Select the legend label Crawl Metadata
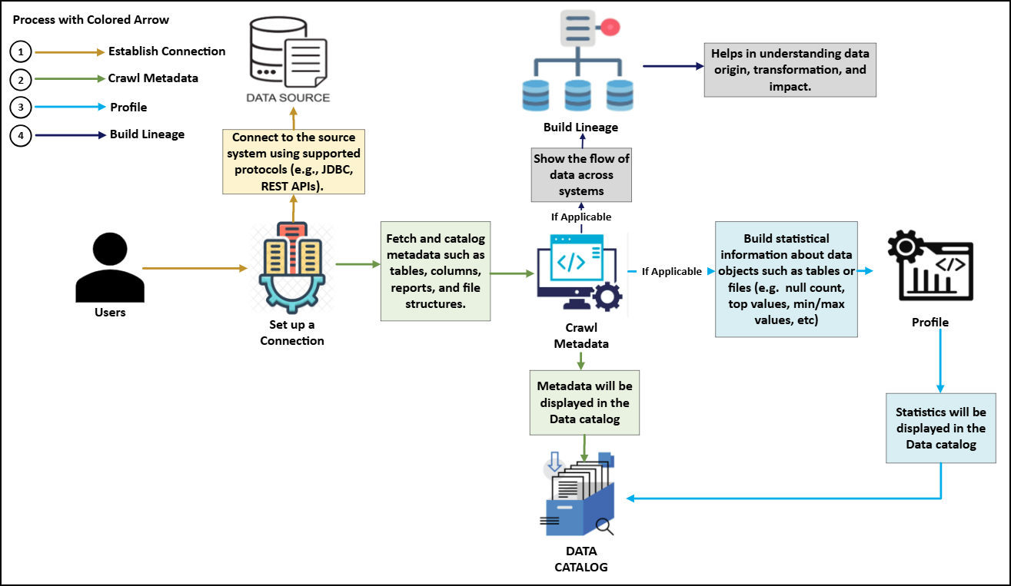[153, 78]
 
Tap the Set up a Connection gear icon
[293, 265]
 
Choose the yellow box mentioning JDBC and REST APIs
[293, 161]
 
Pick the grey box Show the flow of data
[582, 175]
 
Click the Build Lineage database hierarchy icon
[582, 66]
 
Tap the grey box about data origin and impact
[790, 69]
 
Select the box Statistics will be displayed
[941, 429]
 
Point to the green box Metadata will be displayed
[584, 402]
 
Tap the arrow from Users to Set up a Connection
[195, 269]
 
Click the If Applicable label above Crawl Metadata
[581, 217]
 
